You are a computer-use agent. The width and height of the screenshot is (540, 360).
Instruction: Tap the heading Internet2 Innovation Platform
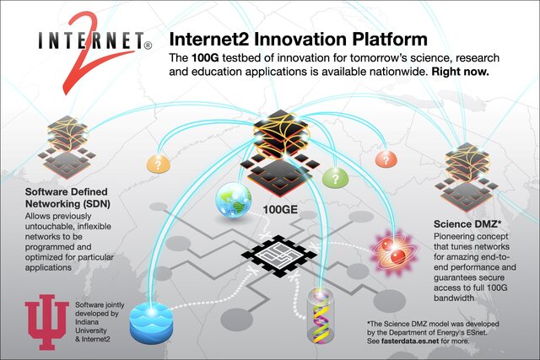(x=299, y=40)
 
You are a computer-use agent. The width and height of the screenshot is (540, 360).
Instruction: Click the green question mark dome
(x=336, y=176)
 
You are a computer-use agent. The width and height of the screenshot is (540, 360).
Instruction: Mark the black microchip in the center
(x=273, y=254)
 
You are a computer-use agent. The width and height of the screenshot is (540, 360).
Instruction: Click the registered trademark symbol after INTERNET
(x=148, y=44)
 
